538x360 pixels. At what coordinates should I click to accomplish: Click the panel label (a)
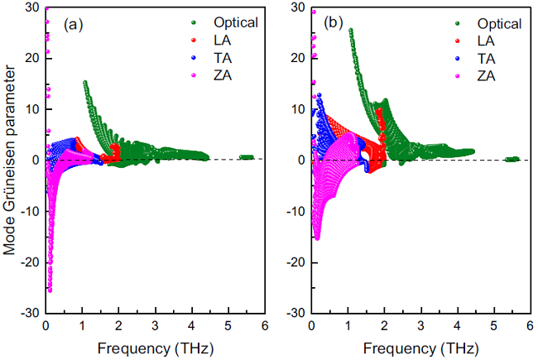[x=74, y=24]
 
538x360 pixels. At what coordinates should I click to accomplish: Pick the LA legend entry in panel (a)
[x=207, y=41]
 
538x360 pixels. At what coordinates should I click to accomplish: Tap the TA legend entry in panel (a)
[x=207, y=59]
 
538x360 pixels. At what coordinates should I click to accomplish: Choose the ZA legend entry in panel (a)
[x=207, y=76]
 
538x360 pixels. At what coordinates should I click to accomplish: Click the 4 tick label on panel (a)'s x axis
[x=191, y=325]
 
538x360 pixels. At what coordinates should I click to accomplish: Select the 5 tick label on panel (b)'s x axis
[x=492, y=325]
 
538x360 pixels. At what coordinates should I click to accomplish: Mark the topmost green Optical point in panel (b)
[x=351, y=31]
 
